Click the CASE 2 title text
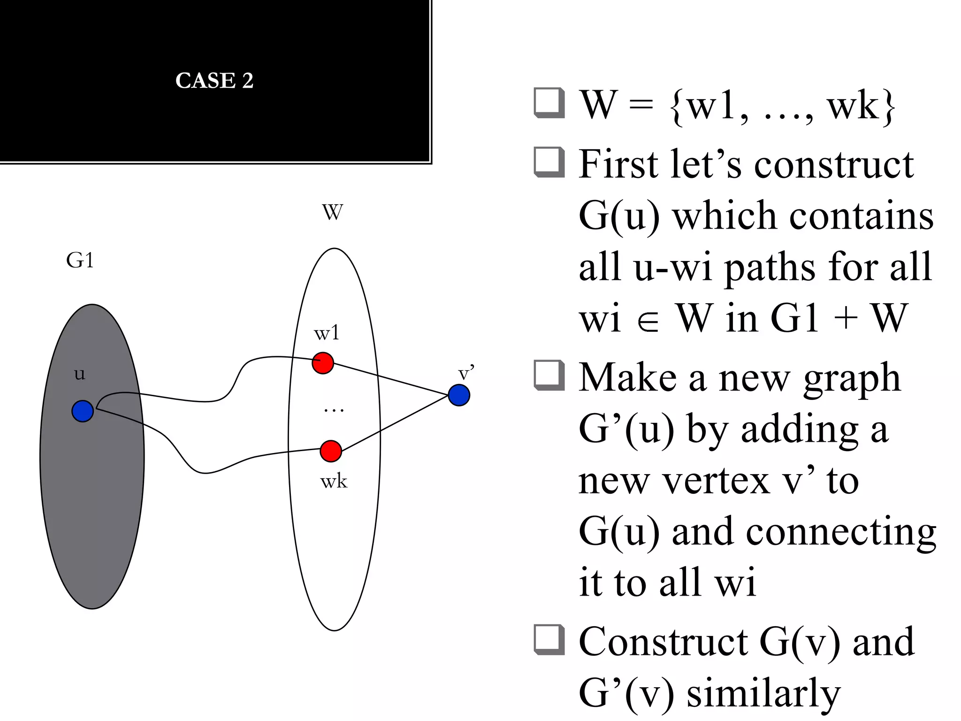click(x=214, y=80)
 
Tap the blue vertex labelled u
click(x=83, y=411)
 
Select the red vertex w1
click(x=323, y=363)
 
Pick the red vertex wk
click(x=331, y=451)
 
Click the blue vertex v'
click(x=459, y=395)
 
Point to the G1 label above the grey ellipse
click(x=80, y=260)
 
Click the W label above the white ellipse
click(x=332, y=212)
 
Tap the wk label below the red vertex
click(x=334, y=482)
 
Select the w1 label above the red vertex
click(x=326, y=333)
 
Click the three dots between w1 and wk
click(x=334, y=410)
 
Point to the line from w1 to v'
click(x=389, y=378)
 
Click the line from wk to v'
click(x=394, y=424)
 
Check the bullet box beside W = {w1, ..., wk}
click(x=549, y=103)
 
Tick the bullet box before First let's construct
click(x=549, y=162)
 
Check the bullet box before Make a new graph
click(x=549, y=375)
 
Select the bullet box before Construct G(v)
click(x=549, y=639)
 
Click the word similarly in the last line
click(x=763, y=694)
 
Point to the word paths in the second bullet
click(x=770, y=268)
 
